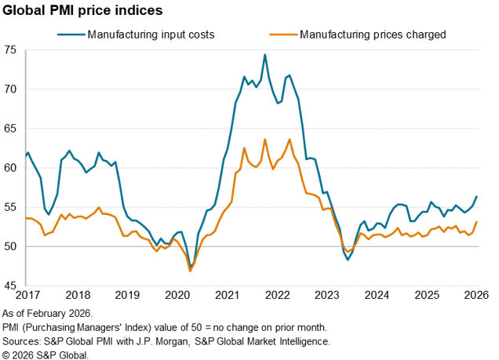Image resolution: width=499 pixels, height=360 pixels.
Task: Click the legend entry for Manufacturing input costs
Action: [149, 35]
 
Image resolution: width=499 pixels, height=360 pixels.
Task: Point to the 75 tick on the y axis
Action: [11, 49]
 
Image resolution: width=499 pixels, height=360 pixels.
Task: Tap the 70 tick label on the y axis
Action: [11, 89]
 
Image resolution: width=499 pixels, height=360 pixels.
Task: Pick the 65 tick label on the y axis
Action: [11, 128]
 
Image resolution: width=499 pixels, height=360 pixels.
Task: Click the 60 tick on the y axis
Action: [11, 168]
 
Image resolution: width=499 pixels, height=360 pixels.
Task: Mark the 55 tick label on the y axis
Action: [11, 207]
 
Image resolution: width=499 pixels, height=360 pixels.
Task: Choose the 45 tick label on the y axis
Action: [11, 286]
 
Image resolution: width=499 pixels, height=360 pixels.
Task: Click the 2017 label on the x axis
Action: [26, 295]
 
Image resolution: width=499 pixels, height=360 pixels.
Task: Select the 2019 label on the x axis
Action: [126, 295]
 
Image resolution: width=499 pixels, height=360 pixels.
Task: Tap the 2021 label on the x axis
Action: [227, 295]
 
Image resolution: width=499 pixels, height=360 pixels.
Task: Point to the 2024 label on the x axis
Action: [377, 295]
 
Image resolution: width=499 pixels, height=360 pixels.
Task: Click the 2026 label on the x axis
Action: [476, 295]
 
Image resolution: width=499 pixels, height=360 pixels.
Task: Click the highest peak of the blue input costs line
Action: [265, 55]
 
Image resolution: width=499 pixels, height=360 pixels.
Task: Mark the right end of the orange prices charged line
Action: [477, 222]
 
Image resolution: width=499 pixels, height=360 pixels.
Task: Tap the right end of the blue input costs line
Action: [477, 196]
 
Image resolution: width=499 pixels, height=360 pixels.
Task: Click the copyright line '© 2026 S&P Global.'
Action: [45, 355]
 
